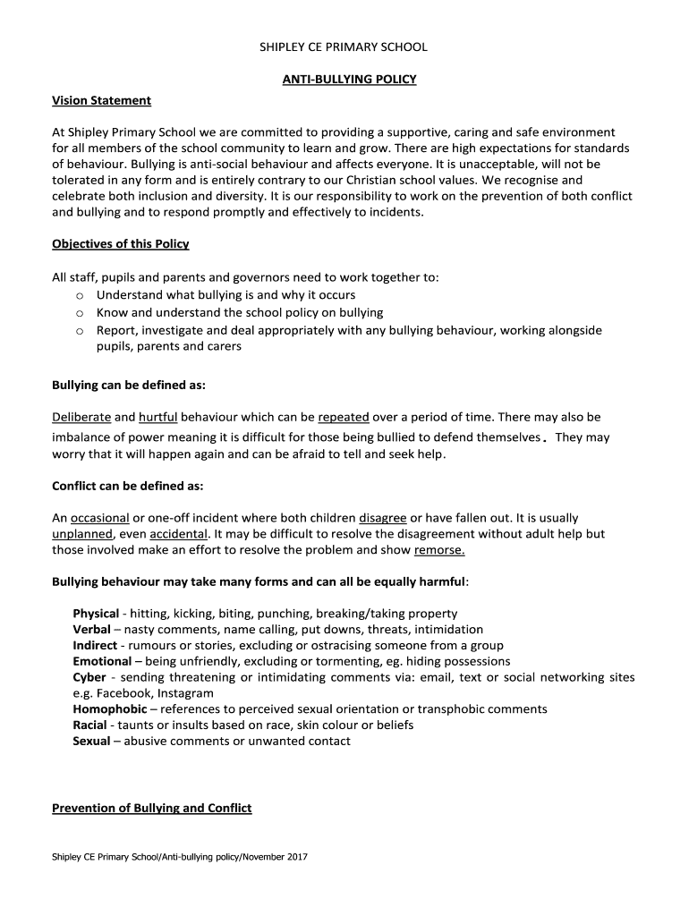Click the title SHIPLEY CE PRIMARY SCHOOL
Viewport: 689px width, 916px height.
(x=344, y=47)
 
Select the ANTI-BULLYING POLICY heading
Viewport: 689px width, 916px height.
(x=350, y=80)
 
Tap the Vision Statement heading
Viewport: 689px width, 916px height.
(x=101, y=100)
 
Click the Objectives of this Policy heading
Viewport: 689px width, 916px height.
(x=120, y=244)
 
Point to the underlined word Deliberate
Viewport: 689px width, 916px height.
(x=81, y=417)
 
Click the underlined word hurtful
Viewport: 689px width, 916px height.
(x=158, y=417)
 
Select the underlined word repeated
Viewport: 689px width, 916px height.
(x=344, y=417)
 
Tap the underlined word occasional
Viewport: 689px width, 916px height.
(x=99, y=518)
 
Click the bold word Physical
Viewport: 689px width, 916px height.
(x=96, y=614)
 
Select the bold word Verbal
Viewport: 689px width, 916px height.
(x=91, y=630)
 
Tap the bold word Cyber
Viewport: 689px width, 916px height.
(x=89, y=677)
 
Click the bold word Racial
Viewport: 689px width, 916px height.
(x=89, y=725)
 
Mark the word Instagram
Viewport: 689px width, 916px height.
(x=185, y=693)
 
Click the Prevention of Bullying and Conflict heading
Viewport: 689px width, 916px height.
(x=151, y=809)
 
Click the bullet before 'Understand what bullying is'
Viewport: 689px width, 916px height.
(x=80, y=295)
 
